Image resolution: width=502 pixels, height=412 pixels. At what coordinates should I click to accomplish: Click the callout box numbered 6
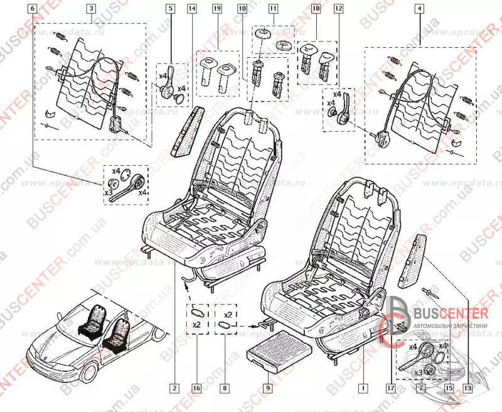pos(33,9)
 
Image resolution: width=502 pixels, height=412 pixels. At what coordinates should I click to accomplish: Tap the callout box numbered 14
pos(192,9)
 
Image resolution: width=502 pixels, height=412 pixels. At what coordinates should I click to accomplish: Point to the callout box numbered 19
pos(217,9)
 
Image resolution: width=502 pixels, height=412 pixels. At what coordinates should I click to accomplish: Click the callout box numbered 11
pos(272,9)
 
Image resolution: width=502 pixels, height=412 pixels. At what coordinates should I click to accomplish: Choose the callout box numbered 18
pos(316,9)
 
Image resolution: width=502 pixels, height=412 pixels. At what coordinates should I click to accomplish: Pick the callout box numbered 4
pos(419,9)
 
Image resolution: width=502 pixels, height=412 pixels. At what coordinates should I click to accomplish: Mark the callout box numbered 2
pos(174,388)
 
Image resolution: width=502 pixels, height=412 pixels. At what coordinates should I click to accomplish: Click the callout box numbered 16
pos(196,388)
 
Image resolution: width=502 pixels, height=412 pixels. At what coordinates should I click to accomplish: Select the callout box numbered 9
pos(267,388)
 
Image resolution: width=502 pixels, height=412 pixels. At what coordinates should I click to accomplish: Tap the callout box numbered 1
pos(361,388)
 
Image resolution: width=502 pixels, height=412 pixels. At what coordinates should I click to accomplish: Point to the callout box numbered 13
pos(467,388)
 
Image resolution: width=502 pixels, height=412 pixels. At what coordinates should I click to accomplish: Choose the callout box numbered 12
pos(338,9)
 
